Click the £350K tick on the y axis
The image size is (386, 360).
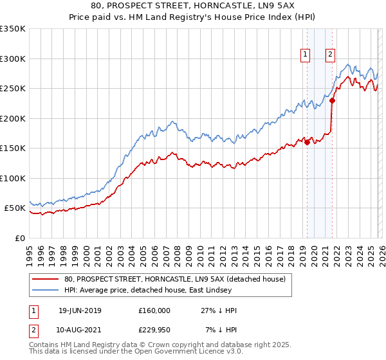(13, 29)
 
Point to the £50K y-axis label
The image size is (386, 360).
(15, 208)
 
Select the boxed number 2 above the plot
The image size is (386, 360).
(330, 55)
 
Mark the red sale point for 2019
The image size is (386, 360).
(307, 143)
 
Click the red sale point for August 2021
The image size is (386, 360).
(332, 100)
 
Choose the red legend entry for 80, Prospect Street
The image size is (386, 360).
(178, 279)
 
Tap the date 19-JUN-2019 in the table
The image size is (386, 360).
(80, 310)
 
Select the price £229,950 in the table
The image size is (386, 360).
(154, 329)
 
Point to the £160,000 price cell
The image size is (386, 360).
(154, 310)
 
